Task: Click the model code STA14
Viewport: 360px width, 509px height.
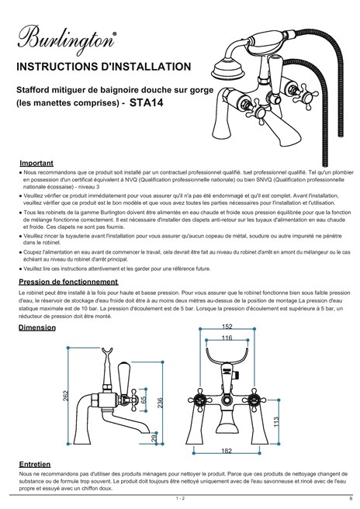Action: pos(146,102)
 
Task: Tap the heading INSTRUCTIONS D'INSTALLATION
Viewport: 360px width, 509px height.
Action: pos(103,67)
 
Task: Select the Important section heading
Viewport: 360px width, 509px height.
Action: pos(36,163)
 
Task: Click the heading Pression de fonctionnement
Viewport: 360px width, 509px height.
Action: pos(68,282)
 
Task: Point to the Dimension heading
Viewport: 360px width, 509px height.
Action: pos(37,327)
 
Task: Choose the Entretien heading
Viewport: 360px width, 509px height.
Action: pos(35,464)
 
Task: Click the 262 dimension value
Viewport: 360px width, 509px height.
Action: pos(66,396)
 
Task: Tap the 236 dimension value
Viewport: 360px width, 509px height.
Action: pos(161,403)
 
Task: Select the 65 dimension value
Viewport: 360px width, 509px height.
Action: pos(144,399)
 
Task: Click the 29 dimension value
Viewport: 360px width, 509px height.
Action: pos(154,438)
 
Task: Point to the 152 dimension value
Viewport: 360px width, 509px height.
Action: pos(227,327)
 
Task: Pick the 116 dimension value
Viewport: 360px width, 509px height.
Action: pos(227,338)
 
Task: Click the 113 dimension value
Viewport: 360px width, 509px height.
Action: pos(276,421)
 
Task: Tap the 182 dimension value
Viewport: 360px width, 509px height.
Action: pos(227,451)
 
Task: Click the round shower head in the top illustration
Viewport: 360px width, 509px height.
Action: pos(227,71)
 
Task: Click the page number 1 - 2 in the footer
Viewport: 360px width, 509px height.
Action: pos(180,498)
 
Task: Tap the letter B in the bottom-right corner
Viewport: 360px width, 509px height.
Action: pos(351,498)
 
